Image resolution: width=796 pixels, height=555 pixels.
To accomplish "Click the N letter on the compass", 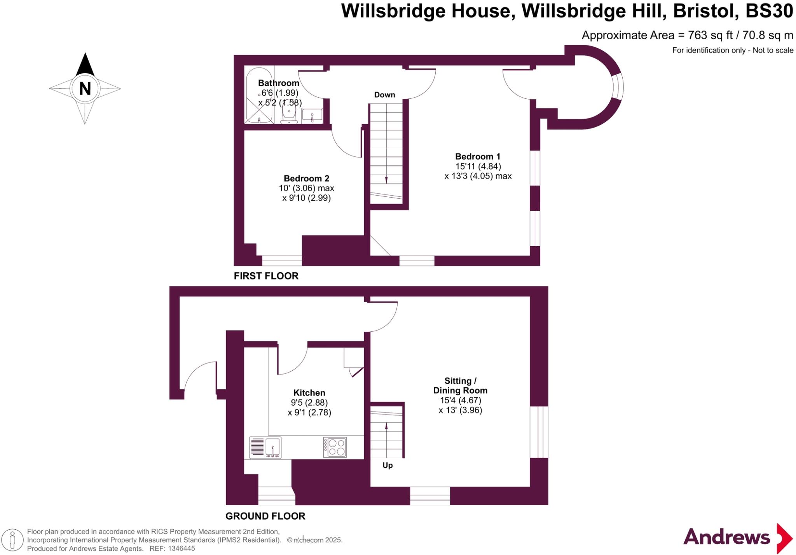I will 85,89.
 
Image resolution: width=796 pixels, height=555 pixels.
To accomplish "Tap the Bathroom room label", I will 278,83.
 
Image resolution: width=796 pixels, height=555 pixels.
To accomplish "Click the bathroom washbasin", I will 312,116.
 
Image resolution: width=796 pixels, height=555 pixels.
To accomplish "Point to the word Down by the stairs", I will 384,95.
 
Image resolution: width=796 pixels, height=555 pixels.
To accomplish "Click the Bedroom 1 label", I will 478,157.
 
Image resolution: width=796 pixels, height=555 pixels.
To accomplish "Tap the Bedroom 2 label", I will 306,179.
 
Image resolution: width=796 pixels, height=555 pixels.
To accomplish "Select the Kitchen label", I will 309,393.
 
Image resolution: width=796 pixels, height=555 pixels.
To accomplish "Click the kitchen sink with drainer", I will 265,447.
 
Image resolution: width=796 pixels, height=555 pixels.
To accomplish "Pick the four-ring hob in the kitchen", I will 335,447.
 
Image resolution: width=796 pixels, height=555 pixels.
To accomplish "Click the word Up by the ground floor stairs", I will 388,466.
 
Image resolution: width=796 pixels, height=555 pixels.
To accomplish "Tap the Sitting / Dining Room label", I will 460,386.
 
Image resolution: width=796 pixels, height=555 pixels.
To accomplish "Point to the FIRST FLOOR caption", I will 266,276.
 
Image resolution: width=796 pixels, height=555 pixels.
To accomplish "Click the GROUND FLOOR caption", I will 265,516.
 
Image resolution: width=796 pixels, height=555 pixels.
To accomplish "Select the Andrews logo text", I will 726,537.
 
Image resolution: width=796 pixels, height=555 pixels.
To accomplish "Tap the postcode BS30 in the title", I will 769,11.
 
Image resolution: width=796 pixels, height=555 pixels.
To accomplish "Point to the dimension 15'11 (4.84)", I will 478,166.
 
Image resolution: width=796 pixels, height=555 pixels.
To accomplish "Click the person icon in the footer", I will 12,541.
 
